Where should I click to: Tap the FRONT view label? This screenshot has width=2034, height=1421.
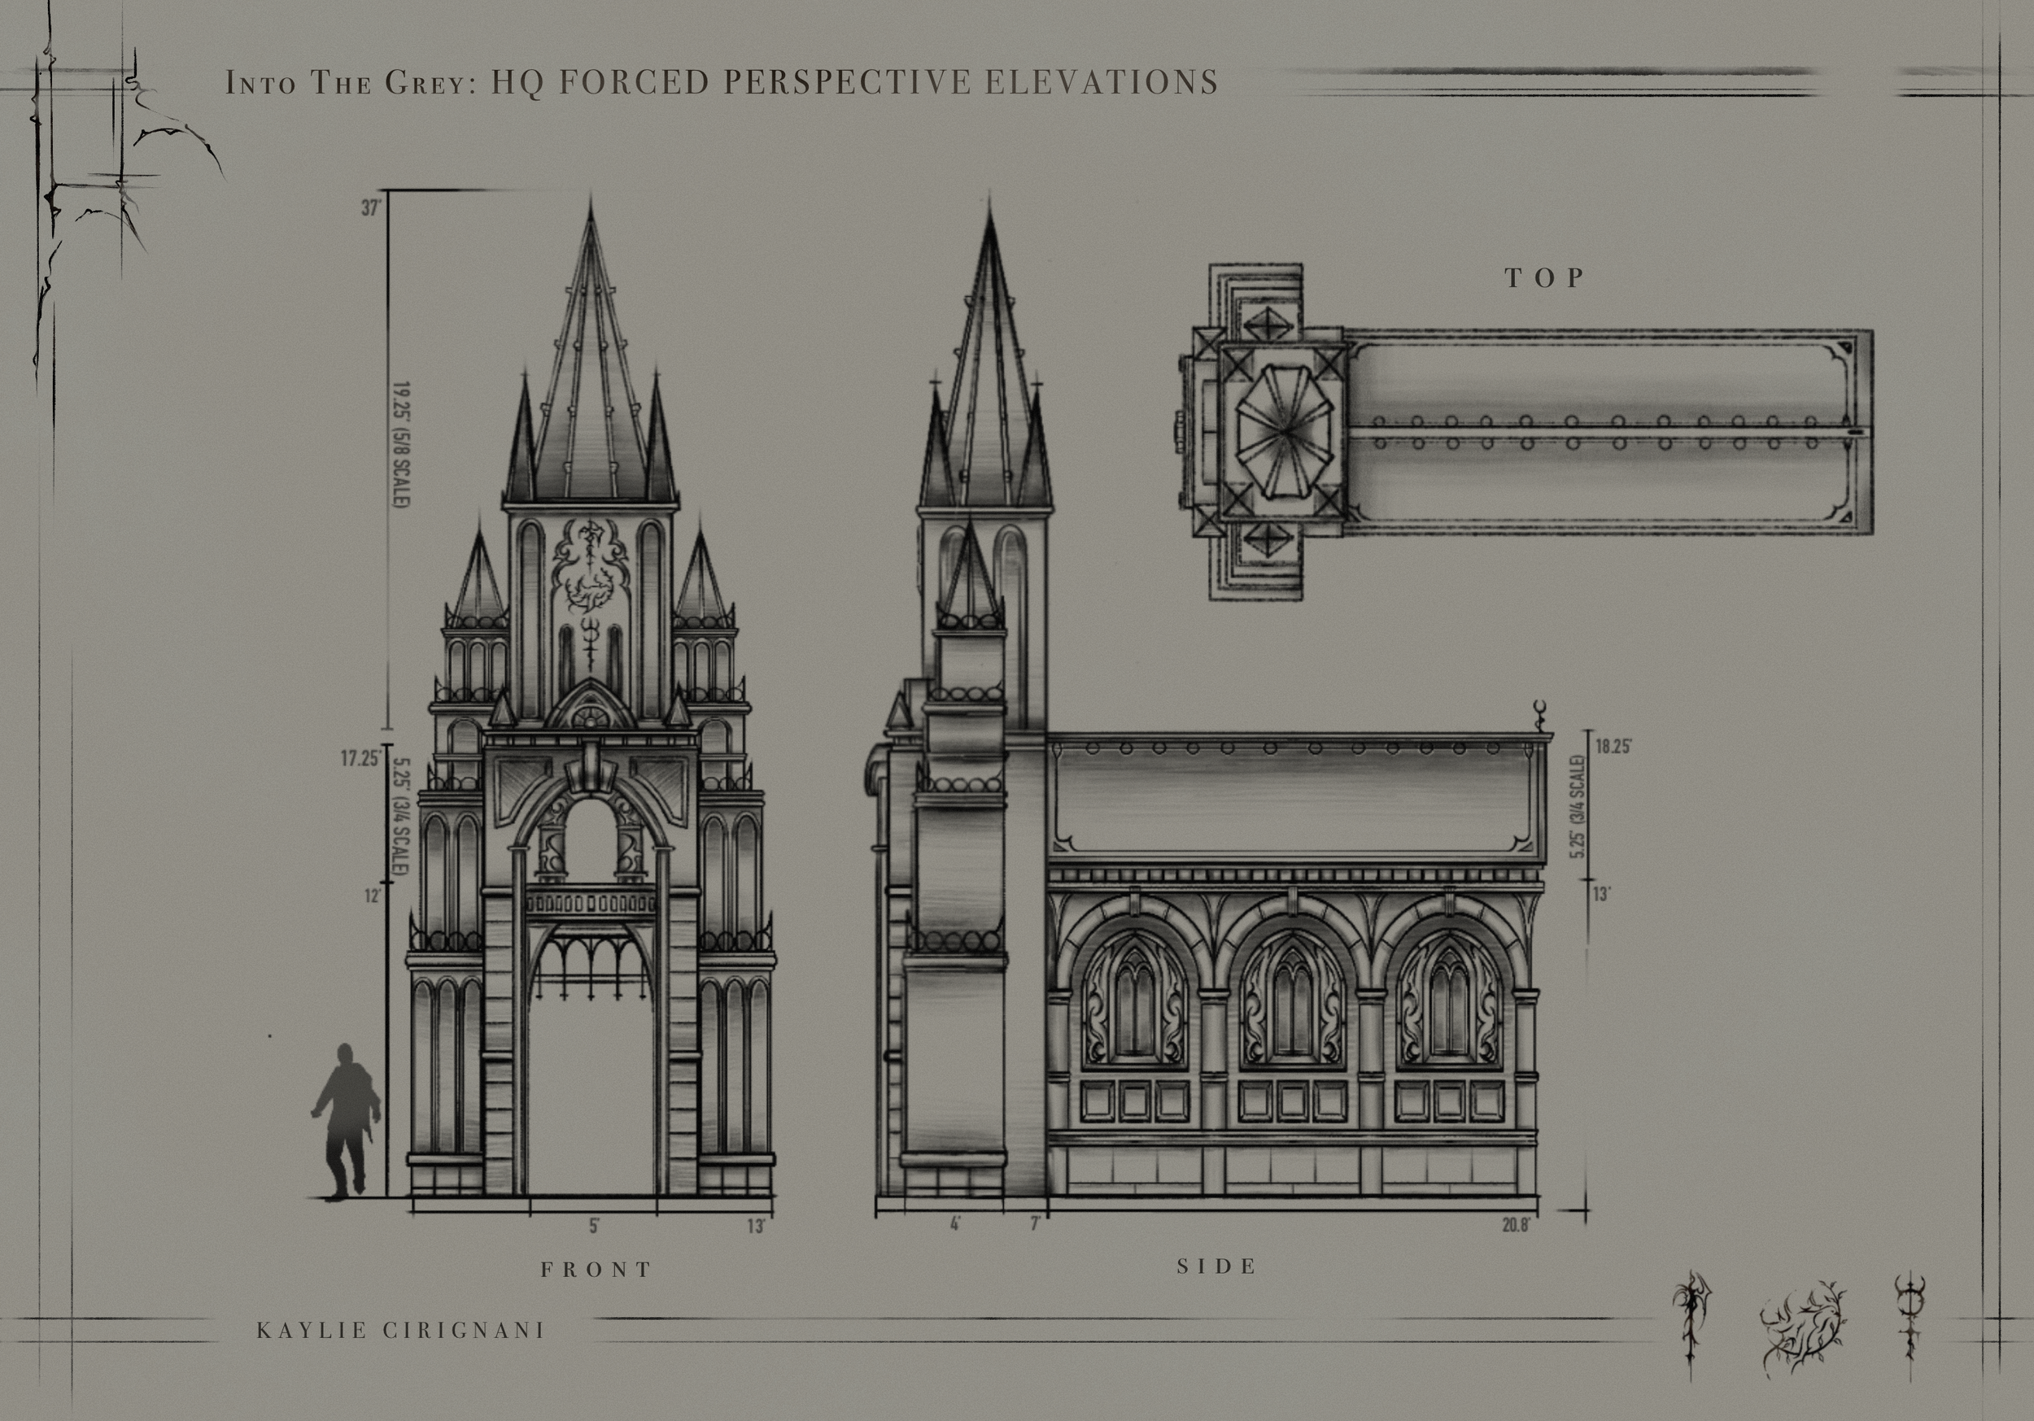596,1270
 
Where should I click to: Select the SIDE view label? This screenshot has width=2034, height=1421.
1217,1266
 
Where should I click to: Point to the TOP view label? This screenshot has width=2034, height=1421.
1545,278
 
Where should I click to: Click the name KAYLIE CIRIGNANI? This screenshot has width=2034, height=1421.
400,1331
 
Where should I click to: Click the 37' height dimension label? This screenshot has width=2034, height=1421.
371,208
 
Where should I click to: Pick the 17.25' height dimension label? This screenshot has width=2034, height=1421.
360,758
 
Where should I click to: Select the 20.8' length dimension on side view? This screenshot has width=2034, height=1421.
1516,1226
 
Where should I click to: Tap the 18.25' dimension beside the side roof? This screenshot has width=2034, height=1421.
1613,746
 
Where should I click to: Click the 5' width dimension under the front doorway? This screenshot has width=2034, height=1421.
594,1226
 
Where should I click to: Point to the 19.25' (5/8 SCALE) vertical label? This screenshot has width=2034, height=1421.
400,445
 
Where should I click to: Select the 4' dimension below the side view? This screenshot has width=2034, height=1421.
955,1225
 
